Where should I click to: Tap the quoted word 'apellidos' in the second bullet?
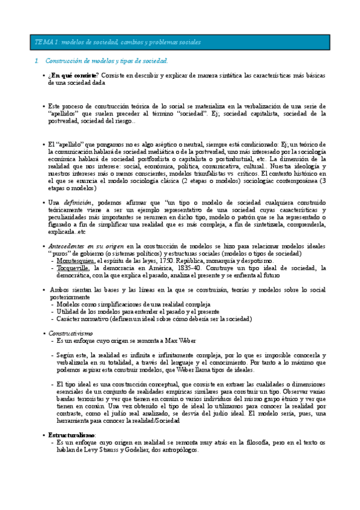pos(64,113)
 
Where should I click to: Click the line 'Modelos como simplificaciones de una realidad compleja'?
pos(138,304)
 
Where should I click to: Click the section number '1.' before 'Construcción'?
pos(37,61)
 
